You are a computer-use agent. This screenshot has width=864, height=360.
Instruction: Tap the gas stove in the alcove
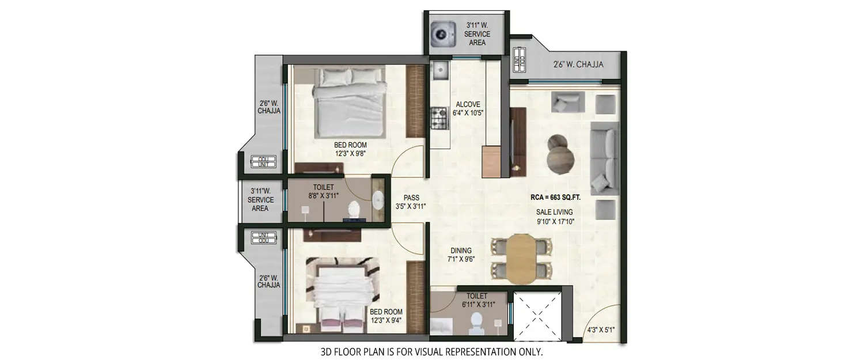click(x=440, y=119)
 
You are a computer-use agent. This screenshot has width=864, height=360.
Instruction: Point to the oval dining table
click(x=521, y=258)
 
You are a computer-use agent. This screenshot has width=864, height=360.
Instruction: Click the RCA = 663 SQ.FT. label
click(x=555, y=198)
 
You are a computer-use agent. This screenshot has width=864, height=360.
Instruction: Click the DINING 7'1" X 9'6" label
click(x=461, y=255)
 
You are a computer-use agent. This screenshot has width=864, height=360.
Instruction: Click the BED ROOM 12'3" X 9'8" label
click(x=350, y=149)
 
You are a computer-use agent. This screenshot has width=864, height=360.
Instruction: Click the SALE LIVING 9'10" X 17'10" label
click(x=555, y=216)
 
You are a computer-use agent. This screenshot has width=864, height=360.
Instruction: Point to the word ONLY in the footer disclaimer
click(x=529, y=351)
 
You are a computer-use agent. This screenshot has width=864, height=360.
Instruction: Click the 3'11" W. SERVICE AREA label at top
click(x=478, y=34)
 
